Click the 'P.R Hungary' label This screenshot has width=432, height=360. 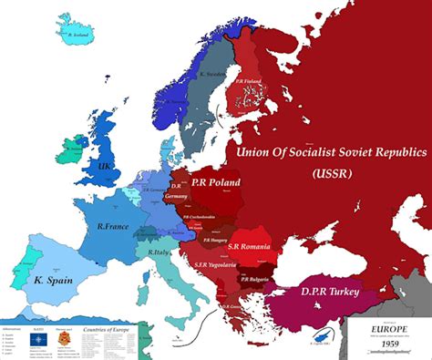215,241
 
